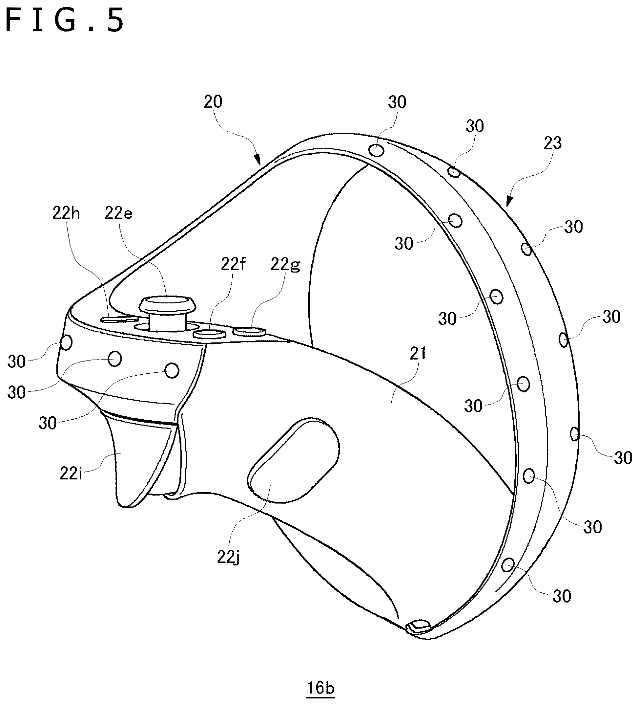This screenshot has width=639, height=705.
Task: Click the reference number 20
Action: [x=213, y=102]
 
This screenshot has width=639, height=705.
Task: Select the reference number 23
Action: [x=553, y=143]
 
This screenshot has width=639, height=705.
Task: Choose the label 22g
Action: [x=285, y=265]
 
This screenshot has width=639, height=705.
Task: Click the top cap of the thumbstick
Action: [x=167, y=305]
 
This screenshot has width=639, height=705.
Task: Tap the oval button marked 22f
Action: [x=210, y=333]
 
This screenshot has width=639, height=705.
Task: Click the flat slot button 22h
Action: [x=119, y=319]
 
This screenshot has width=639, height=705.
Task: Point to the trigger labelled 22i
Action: [x=136, y=458]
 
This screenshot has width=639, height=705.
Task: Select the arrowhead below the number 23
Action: [x=509, y=201]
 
